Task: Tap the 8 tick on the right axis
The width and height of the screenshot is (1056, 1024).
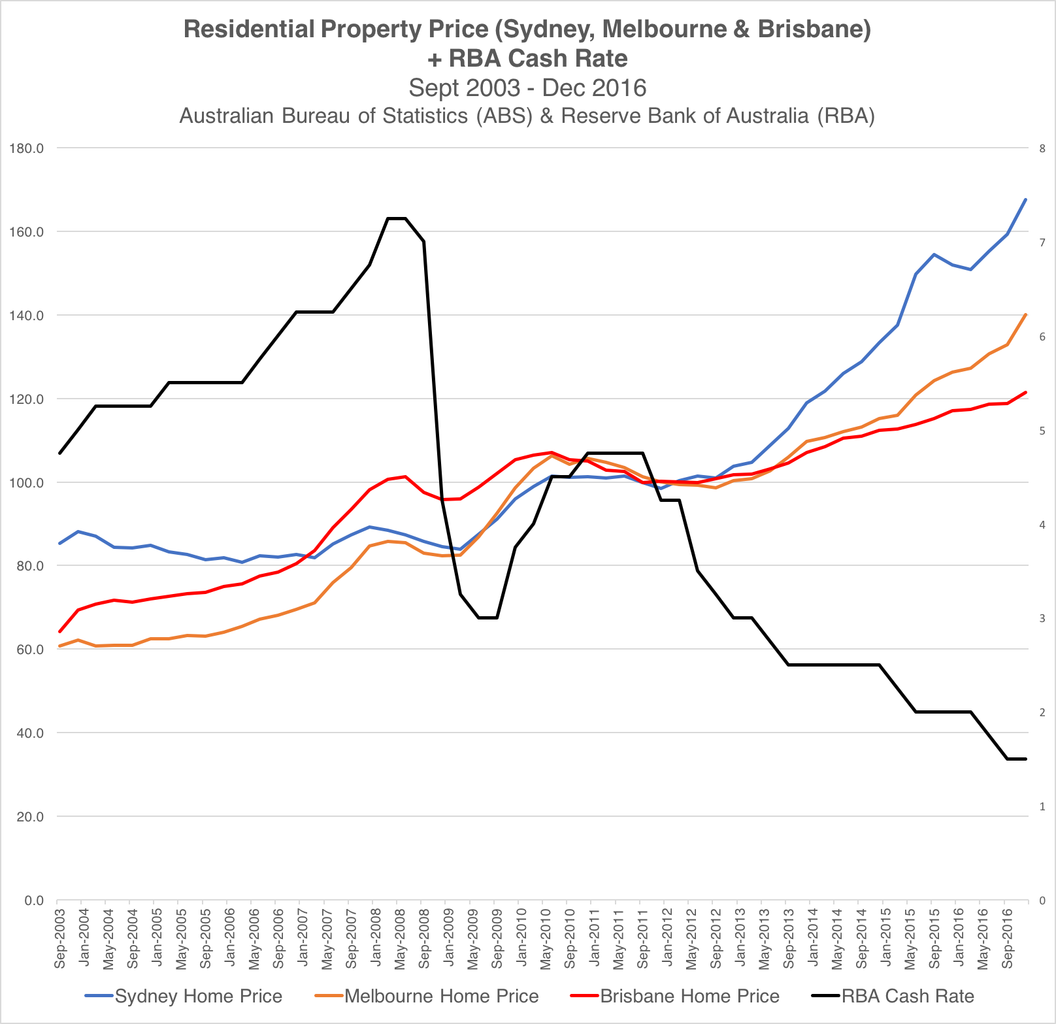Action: coord(1042,148)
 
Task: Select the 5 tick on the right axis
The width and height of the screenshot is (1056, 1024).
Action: coord(1042,431)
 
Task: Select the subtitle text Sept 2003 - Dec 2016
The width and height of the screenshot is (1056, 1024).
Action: coord(527,88)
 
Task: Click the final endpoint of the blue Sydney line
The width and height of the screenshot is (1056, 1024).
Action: coord(1026,199)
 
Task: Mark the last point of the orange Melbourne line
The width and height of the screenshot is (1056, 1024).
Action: coord(1026,314)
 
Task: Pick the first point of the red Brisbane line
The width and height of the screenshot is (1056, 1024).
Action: coord(59,632)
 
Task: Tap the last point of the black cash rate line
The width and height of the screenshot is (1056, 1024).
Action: coord(1026,759)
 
